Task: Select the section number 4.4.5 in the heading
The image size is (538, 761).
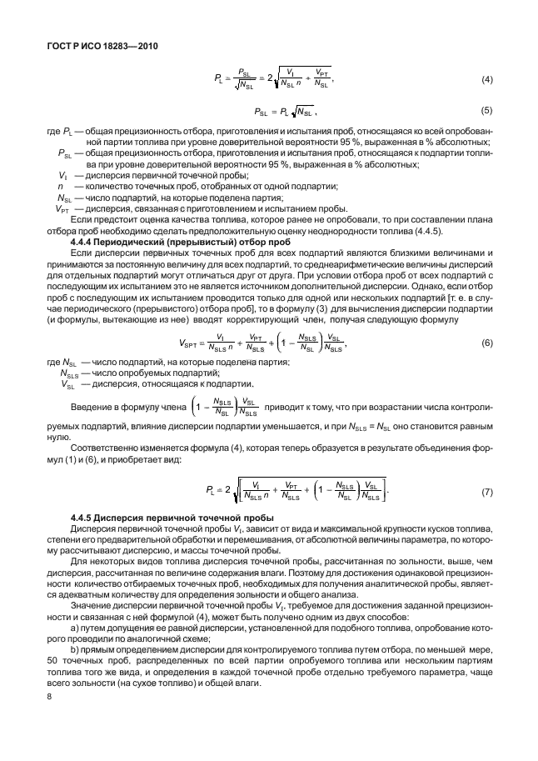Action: [x=87, y=519]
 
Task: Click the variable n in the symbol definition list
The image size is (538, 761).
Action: [x=61, y=187]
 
